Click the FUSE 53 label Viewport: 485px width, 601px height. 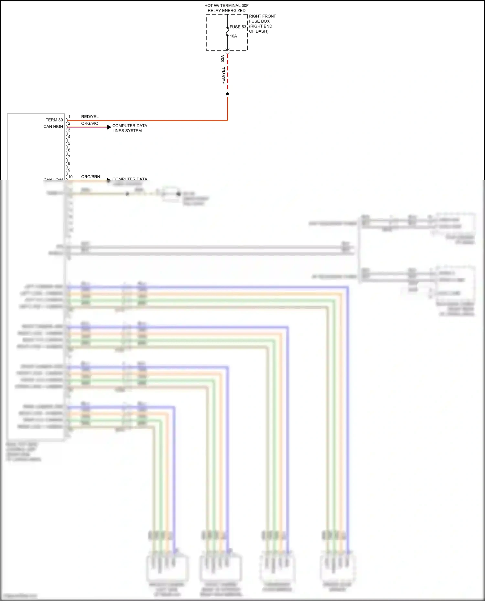click(238, 27)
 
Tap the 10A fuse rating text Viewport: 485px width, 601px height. click(233, 36)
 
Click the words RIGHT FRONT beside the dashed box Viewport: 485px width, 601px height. click(262, 16)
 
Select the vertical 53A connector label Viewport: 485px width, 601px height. click(222, 59)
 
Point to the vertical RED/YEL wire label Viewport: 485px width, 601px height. click(223, 76)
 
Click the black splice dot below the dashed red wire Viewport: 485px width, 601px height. click(227, 94)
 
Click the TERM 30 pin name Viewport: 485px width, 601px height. click(54, 120)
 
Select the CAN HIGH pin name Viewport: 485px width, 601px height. click(53, 127)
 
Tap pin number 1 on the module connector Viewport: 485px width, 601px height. click(69, 117)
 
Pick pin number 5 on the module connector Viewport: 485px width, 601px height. click(69, 143)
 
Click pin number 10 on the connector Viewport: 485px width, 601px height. click(70, 177)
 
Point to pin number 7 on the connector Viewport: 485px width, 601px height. click(69, 157)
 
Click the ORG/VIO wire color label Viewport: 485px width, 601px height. click(90, 123)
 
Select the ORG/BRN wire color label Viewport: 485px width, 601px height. click(91, 177)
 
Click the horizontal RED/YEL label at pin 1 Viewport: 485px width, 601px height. click(90, 117)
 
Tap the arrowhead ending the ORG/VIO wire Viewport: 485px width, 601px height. click(109, 127)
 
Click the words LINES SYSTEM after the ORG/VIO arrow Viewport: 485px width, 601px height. click(127, 131)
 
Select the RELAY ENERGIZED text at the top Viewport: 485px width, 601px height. click(226, 11)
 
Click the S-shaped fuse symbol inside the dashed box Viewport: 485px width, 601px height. click(227, 32)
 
